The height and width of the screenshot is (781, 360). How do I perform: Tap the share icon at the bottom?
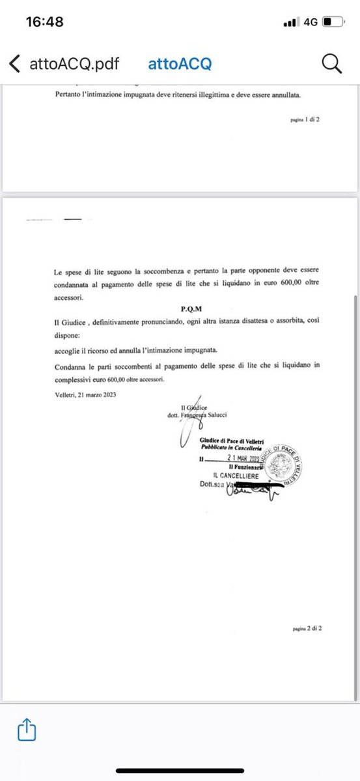tap(27, 730)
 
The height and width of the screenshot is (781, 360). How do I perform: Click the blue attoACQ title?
tap(180, 64)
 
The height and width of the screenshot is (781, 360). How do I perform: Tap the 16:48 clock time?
tap(45, 21)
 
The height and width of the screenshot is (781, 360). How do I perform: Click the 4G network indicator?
tap(310, 21)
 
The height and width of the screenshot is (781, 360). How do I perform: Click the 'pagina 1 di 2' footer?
tap(305, 120)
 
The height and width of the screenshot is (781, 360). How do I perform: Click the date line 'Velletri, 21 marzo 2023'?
tap(82, 394)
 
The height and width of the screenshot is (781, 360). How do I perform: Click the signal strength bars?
tap(290, 22)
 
